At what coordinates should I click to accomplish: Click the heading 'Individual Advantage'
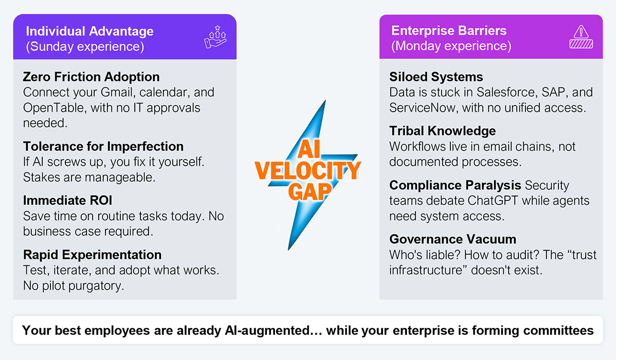(x=89, y=31)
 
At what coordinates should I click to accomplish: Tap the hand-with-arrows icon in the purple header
(x=215, y=37)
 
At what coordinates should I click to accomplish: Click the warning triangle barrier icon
(x=581, y=37)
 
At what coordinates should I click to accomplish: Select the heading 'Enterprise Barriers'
(x=449, y=30)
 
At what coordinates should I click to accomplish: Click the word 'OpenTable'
(x=53, y=107)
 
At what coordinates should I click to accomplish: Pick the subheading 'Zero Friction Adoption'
(x=91, y=77)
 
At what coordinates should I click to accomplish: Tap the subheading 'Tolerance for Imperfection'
(x=103, y=146)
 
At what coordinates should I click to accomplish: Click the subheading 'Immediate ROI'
(x=68, y=200)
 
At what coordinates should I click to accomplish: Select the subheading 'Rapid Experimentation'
(x=92, y=255)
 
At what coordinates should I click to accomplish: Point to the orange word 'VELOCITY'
(x=307, y=171)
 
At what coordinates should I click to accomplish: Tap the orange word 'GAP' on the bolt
(x=310, y=191)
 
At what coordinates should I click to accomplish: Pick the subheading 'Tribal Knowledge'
(x=442, y=131)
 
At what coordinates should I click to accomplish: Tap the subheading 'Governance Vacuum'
(x=453, y=239)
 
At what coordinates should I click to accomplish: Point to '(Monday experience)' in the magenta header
(x=451, y=46)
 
